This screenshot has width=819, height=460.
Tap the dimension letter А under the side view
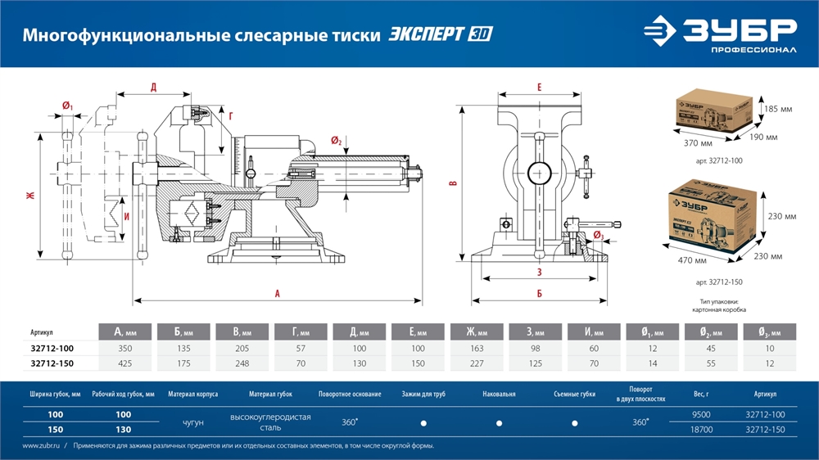click(x=278, y=292)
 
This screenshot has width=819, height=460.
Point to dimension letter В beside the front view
click(x=453, y=184)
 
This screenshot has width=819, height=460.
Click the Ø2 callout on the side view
click(x=337, y=142)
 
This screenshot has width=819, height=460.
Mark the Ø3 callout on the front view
click(x=598, y=236)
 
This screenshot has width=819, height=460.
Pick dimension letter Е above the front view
click(x=540, y=87)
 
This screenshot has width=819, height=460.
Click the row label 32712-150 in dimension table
click(x=51, y=363)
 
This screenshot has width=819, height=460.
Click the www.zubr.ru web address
click(x=38, y=446)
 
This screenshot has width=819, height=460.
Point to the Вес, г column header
click(x=701, y=394)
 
